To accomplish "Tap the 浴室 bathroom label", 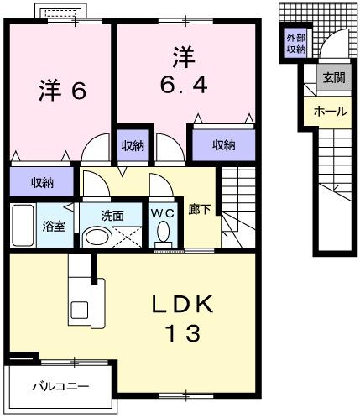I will point(55,227).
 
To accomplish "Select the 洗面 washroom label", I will point(112,215).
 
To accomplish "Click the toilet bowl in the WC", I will point(163,233).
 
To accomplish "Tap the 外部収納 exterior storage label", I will point(295,44).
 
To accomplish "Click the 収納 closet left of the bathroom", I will point(43,182).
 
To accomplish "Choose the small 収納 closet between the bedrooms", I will point(132,145).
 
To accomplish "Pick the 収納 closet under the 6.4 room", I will point(223,145).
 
